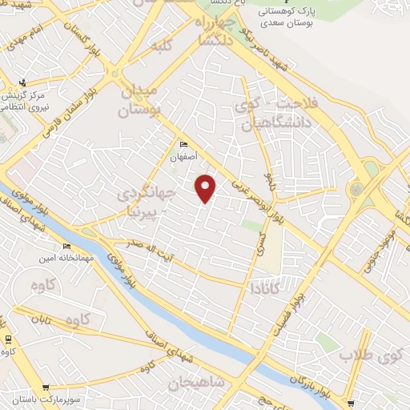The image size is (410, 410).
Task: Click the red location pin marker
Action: point(207,189)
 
